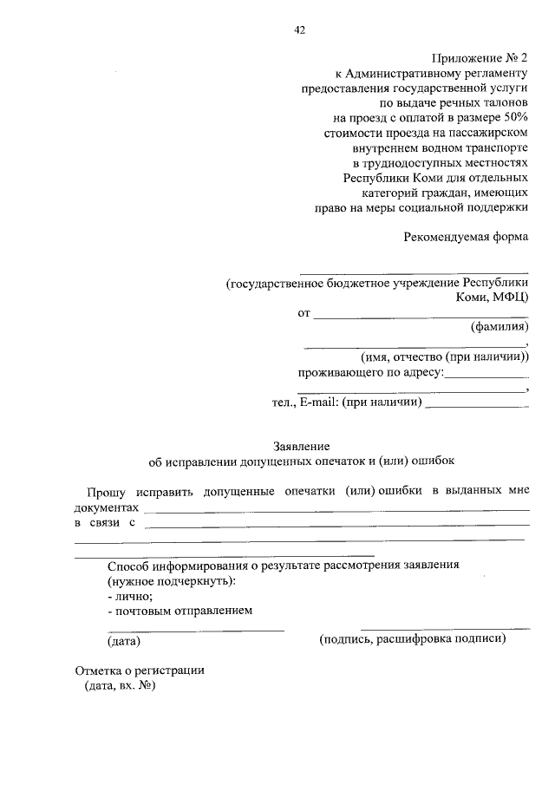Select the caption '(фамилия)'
(x=499, y=328)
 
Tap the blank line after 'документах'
(x=336, y=509)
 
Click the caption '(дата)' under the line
(x=124, y=642)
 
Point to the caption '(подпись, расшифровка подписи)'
(x=412, y=639)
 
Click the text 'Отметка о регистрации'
(x=139, y=671)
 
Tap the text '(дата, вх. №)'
(x=119, y=686)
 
